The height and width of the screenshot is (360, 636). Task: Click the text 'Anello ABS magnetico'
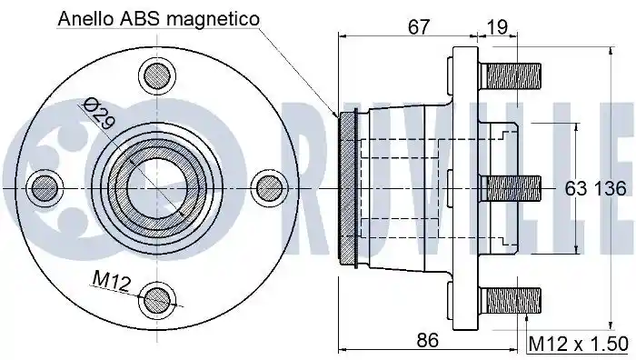[x=158, y=19]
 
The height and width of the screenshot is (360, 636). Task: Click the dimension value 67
[x=418, y=27]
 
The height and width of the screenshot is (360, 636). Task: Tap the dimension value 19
[x=497, y=27]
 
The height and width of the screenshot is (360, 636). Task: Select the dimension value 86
[x=428, y=340]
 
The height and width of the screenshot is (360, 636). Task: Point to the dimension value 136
[x=611, y=189]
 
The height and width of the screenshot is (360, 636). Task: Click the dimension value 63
[x=576, y=189]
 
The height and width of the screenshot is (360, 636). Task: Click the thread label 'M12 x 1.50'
[x=579, y=345]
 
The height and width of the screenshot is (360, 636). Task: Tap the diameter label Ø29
[x=99, y=115]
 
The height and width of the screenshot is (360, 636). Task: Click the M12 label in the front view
[x=111, y=282]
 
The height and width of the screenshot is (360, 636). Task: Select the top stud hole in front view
[x=158, y=75]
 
